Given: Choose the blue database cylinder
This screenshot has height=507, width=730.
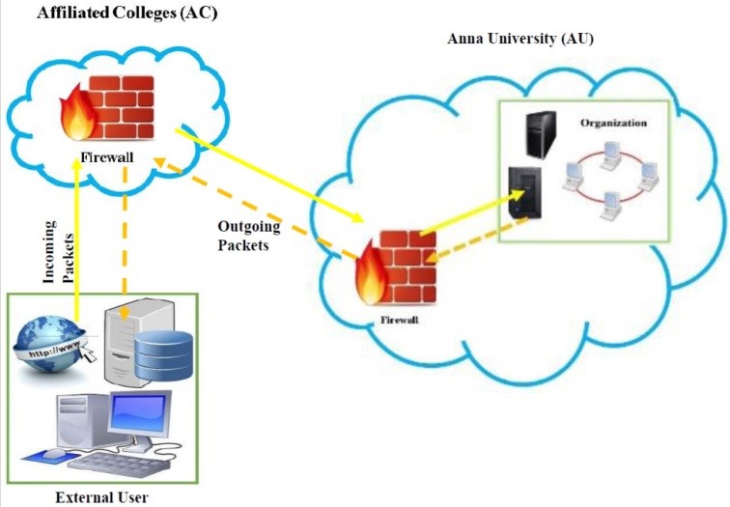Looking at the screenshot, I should pos(163,353).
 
